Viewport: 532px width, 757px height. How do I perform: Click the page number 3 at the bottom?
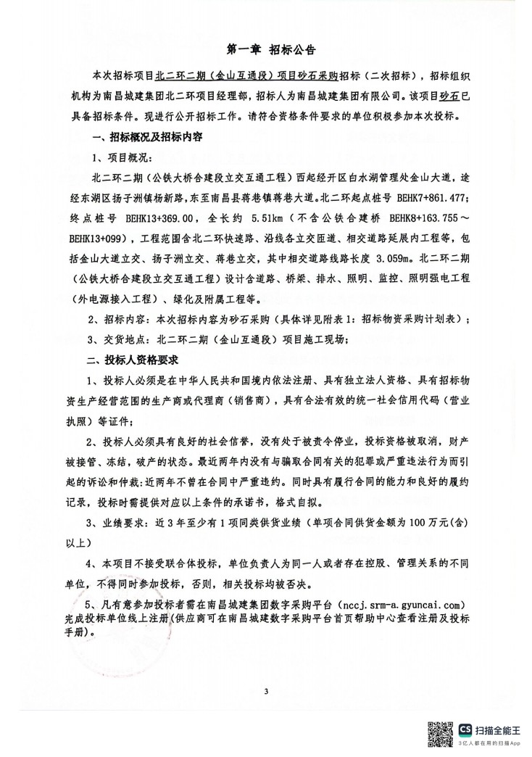[x=266, y=690]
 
